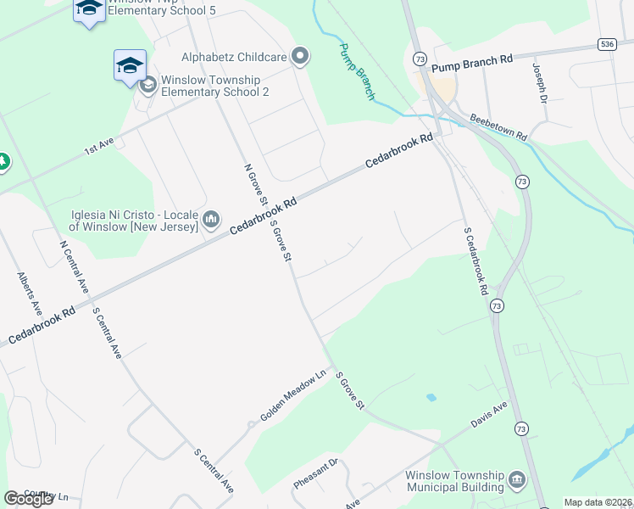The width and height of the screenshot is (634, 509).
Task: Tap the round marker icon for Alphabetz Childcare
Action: point(299,58)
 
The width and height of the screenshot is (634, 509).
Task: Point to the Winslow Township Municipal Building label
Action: point(454,481)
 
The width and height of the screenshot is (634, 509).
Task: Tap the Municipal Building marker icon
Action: point(516,482)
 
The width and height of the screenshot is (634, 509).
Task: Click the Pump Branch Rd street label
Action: point(472,60)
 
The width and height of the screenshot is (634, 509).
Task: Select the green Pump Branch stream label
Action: point(357,71)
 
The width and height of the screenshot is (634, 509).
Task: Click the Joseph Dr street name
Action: point(539,81)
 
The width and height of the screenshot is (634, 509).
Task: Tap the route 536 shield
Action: point(605,44)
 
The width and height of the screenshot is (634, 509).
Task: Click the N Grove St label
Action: point(254,184)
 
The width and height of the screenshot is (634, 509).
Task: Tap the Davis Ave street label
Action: point(491,414)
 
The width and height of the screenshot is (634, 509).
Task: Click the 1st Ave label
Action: point(98,147)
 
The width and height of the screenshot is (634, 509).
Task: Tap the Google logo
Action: point(29,499)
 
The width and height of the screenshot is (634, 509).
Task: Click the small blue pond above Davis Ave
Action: point(431,397)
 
